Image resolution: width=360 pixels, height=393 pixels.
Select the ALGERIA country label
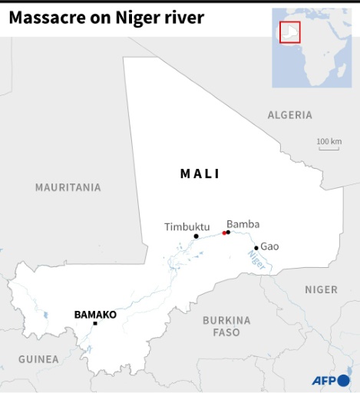[289, 115]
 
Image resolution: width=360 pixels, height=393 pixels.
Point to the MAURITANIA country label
[68, 187]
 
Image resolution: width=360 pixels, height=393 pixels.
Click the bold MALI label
[200, 174]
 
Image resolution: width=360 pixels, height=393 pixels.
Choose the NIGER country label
[321, 289]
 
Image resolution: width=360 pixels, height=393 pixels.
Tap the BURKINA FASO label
[226, 326]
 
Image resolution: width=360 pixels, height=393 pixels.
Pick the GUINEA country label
[38, 358]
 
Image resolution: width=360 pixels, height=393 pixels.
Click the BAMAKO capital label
[95, 315]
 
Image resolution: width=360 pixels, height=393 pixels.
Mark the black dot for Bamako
[95, 323]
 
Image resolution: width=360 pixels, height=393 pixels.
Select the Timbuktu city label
[187, 226]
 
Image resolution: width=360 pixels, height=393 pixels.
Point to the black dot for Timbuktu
[197, 236]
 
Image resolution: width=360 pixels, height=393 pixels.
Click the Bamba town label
[243, 224]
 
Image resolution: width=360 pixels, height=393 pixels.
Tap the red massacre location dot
[224, 233]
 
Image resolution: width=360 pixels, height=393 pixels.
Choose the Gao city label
[269, 246]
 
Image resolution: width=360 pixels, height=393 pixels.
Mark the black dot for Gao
[256, 248]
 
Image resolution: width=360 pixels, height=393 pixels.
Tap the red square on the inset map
[289, 32]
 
